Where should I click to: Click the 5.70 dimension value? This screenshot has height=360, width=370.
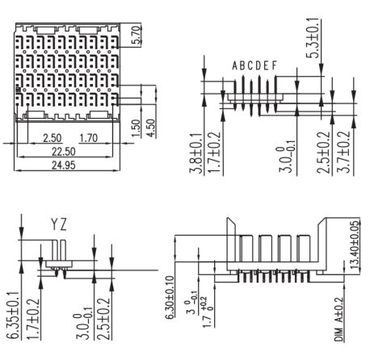(137, 35)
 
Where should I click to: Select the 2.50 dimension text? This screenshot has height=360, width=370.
(53, 138)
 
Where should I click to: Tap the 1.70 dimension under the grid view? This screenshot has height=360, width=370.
(88, 138)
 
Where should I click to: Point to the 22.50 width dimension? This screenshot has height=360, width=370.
(64, 152)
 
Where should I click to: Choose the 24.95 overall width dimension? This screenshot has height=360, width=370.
(64, 165)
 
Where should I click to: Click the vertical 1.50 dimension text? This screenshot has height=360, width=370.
(136, 128)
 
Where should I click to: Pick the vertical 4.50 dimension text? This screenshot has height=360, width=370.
(151, 128)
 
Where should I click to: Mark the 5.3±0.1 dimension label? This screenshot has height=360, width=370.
(313, 38)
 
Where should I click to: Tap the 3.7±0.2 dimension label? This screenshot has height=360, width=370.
(345, 152)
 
